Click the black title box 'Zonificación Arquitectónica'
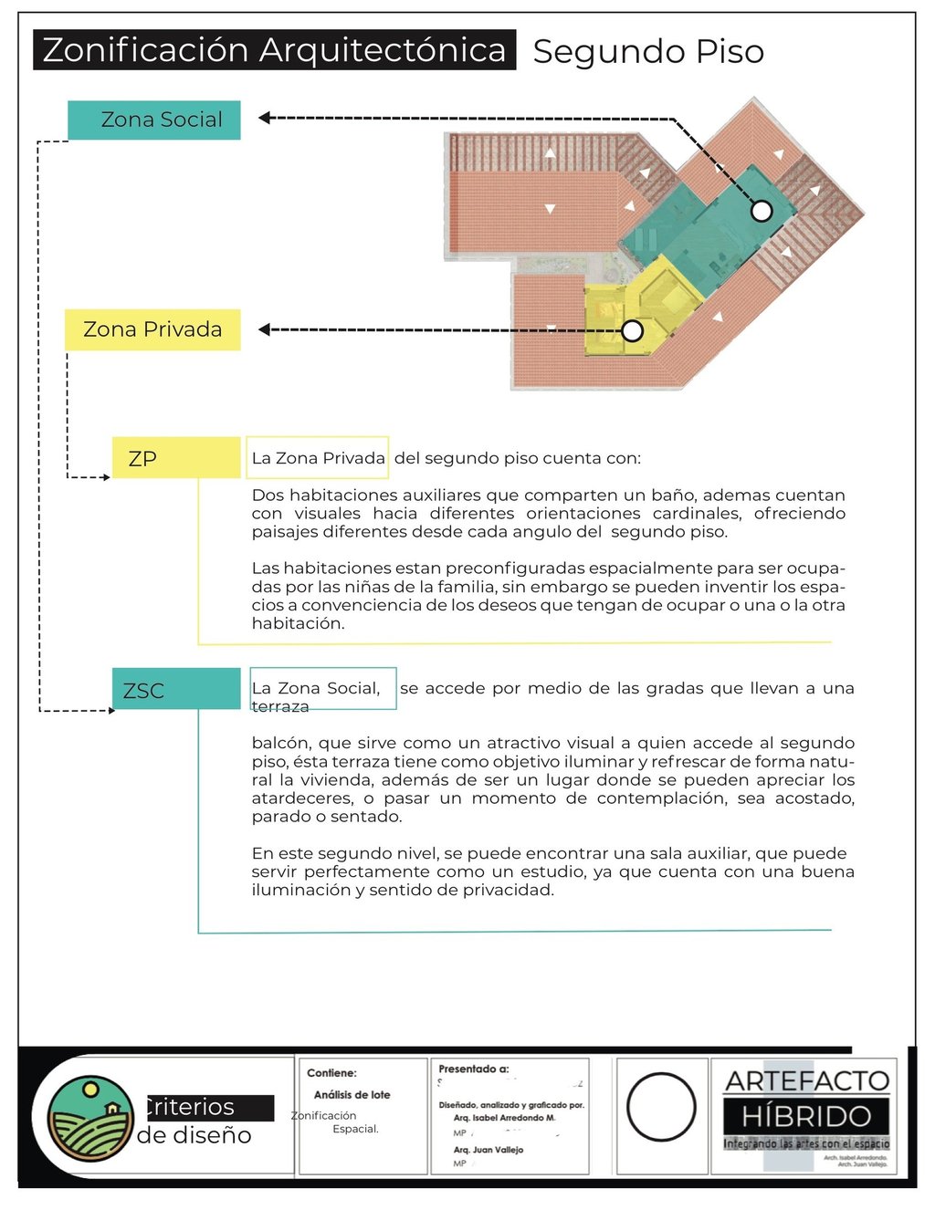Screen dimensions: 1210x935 tap(274, 50)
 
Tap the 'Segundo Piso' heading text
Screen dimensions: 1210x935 tap(648, 52)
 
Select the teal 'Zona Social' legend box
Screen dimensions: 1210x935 tap(154, 120)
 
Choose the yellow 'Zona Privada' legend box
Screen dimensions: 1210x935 tap(152, 329)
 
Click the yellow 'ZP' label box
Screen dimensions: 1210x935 tap(175, 458)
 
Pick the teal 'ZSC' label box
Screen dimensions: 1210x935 tap(175, 690)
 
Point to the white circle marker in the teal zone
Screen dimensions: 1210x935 tap(762, 212)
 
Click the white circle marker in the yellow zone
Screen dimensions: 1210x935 tap(633, 330)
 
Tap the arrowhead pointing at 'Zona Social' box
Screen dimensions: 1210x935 tap(264, 118)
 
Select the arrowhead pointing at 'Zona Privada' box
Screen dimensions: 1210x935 tap(264, 329)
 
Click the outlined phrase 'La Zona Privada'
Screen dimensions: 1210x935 tap(318, 458)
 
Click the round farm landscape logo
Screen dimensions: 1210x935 tap(90, 1119)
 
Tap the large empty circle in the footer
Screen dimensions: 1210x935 tap(661, 1107)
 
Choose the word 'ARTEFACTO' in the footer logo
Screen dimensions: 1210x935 tap(806, 1081)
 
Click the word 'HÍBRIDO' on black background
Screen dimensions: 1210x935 tap(806, 1116)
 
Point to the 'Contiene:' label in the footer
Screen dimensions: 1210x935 tap(331, 1073)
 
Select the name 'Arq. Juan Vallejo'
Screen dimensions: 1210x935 tap(489, 1150)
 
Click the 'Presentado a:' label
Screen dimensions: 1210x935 tap(474, 1069)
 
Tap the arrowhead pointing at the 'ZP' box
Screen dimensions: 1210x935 tap(105, 477)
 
